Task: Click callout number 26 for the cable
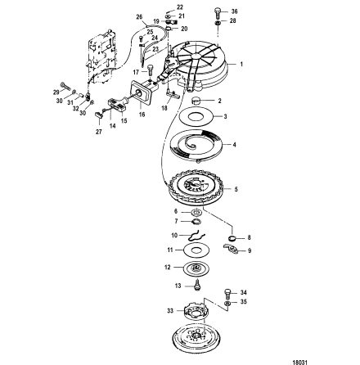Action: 138,15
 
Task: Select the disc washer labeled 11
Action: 196,248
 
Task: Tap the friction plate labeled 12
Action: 196,268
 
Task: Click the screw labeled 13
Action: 196,285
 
